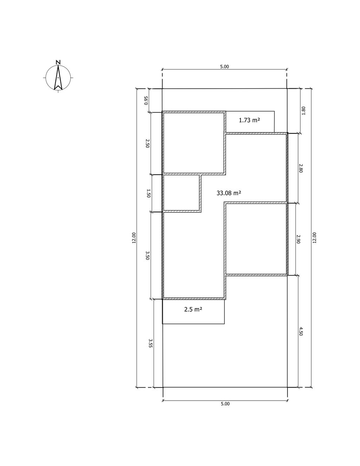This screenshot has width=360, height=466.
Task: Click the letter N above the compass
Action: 58,62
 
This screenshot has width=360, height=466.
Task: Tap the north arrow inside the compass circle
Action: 58,78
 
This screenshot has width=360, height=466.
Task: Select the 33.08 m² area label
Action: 229,193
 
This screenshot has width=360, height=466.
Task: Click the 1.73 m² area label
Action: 249,120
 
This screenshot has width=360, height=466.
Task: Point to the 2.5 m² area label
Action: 193,309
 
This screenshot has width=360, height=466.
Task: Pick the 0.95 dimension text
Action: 146,100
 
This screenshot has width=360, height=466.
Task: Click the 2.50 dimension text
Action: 147,143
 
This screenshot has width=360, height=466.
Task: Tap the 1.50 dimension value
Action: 149,193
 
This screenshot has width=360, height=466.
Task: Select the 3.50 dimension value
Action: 147,256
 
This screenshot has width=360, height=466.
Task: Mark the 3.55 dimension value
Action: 150,343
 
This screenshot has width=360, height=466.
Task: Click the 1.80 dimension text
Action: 303,111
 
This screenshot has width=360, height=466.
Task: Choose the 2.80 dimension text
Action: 301,168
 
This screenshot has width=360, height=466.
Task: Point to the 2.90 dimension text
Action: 299,239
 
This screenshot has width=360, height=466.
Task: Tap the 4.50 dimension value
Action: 301,331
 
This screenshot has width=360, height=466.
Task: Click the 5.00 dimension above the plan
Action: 224,66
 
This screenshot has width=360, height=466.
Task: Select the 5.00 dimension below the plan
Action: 225,404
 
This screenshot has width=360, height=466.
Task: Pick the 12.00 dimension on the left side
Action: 134,238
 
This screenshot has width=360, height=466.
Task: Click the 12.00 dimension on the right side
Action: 314,238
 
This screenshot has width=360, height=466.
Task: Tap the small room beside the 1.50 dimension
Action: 181,193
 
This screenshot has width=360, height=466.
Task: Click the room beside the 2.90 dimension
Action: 256,239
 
